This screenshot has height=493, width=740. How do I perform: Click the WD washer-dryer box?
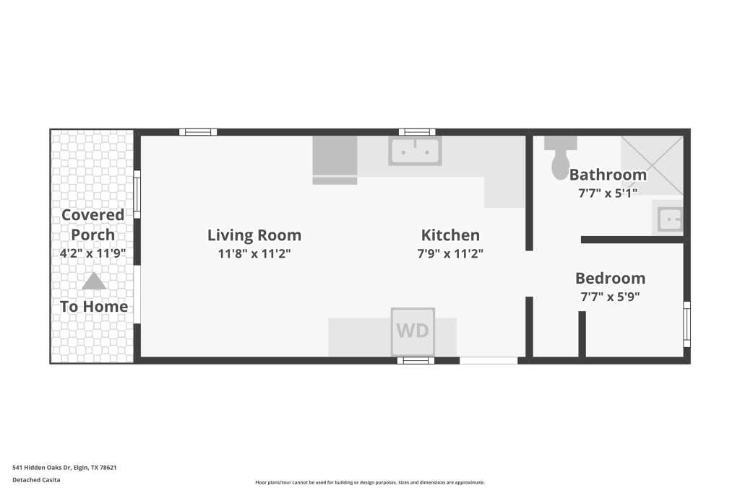coord(413,331)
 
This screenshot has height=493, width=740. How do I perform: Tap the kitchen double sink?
coord(415,151)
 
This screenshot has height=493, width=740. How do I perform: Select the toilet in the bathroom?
coord(560,157)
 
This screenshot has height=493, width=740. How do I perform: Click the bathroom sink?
coord(670,219)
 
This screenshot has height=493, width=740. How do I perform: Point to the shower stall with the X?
coord(652,165)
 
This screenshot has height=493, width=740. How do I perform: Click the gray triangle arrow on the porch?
coord(93,281)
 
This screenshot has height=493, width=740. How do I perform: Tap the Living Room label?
coord(254,235)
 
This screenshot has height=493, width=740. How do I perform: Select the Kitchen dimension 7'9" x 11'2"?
coord(450,253)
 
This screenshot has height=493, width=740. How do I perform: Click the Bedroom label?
coord(610,278)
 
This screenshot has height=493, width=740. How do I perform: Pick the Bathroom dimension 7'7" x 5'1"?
coord(608,193)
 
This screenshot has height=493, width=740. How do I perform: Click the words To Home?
coord(94,306)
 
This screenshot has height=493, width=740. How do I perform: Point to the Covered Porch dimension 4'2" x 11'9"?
coord(92,253)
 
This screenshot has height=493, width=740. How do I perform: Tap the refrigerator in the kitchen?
coord(335,160)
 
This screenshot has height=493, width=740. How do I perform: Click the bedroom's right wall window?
coord(687,324)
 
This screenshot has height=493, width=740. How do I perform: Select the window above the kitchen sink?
coord(417,132)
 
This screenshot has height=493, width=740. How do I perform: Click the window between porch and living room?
coord(137,194)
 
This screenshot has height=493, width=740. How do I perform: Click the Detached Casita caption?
coord(36,480)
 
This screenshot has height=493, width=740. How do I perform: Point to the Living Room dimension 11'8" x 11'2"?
coord(254,253)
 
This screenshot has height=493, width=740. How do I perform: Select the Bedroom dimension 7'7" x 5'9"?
coord(610,297)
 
